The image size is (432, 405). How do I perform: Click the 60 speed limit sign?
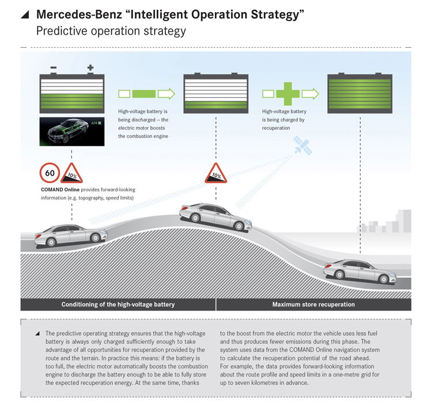coord(50,173)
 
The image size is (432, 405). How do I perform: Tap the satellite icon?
coord(302,145)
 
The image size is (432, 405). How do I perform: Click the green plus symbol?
coord(290,93)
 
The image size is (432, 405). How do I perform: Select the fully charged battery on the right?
coord(360,92)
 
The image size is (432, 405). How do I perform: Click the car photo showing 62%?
coord(72,131)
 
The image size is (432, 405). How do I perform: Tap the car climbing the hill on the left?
coord(71,233)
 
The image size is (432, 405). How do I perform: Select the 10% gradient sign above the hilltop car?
coord(216,173)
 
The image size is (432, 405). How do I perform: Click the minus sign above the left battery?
coord(54,68)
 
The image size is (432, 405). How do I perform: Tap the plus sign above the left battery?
coord(90,68)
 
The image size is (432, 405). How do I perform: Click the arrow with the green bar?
coord(146,93)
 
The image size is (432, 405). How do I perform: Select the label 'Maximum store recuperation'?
coord(313,304)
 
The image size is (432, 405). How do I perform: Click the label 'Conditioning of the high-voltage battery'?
coord(118,304)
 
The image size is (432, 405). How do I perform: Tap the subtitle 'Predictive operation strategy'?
coord(111,31)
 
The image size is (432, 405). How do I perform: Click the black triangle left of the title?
coord(25,14)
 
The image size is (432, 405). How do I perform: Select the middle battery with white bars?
coord(215,92)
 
